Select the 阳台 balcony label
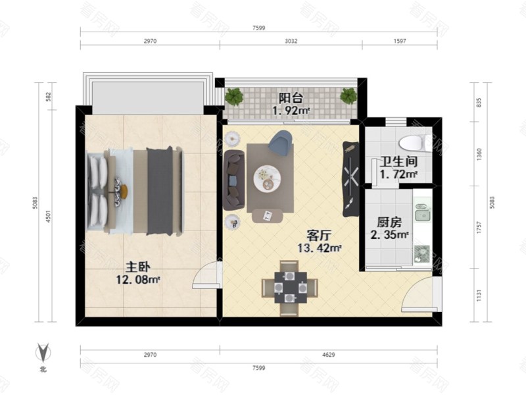coord(290,98)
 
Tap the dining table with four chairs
coord(289,287)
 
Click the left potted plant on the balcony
coord(233,97)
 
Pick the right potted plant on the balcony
coord(348,96)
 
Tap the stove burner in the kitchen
coord(421,252)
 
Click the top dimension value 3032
coord(291,41)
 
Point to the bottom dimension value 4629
coord(328,355)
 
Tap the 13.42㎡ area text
coord(319,248)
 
